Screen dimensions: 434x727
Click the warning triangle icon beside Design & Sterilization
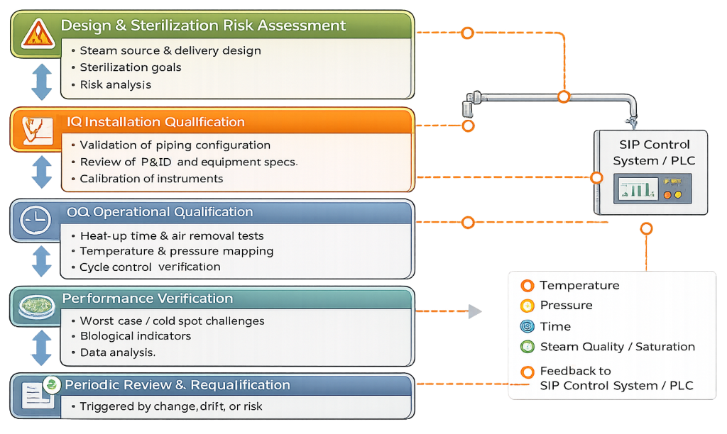pos(34,33)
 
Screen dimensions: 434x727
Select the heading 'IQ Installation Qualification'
pos(155,122)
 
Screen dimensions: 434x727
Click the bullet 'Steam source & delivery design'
pos(170,51)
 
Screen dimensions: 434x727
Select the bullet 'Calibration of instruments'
pos(151,179)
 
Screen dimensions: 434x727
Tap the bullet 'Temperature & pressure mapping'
pos(176,251)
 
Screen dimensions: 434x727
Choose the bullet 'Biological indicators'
pos(135,336)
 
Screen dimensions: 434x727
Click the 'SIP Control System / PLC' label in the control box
pos(653,152)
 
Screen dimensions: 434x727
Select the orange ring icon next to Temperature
pos(527,286)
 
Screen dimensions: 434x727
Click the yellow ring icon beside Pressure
pos(527,306)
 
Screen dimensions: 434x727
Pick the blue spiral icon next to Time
pos(527,326)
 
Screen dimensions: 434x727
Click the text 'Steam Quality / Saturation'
pos(617,347)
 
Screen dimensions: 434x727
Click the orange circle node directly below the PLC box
pos(646,228)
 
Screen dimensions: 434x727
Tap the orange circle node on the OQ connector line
pos(467,223)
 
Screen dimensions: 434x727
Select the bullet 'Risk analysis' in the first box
pos(115,85)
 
